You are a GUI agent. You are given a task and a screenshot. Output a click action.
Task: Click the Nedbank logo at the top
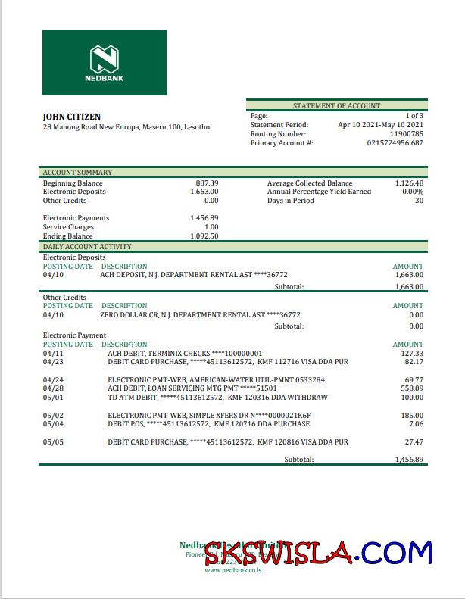point(105,63)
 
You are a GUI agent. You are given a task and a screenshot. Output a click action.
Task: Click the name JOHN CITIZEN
point(72,117)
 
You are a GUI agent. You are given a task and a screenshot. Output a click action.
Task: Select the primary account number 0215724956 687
point(395,143)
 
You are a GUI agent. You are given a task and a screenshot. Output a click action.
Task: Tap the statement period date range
point(380,125)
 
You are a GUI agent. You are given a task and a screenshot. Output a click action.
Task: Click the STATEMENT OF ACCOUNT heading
point(336,106)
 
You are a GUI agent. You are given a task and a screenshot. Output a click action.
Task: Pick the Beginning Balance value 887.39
point(207,183)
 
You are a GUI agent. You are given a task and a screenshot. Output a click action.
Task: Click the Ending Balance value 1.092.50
point(204,236)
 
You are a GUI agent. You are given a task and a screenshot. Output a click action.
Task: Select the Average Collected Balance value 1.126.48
point(409,183)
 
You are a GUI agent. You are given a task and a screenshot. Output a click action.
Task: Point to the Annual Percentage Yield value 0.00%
point(412,192)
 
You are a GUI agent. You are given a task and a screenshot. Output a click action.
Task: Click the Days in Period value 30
point(419,201)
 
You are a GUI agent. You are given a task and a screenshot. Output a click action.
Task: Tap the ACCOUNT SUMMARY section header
point(77,173)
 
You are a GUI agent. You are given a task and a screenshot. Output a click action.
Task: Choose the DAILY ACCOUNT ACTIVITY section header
point(86,247)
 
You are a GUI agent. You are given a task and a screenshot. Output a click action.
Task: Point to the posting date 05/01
point(54,398)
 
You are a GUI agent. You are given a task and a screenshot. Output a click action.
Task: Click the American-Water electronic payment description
point(216,380)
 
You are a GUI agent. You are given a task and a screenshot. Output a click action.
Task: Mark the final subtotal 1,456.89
point(409,460)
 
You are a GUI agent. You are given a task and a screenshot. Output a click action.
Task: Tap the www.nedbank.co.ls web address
point(232,570)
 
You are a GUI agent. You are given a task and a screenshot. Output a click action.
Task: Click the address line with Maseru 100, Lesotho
point(126,127)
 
